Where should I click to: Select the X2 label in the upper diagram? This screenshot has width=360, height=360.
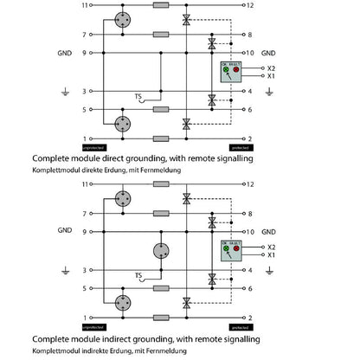[x=272, y=67]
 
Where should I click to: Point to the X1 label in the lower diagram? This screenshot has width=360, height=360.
[x=272, y=254]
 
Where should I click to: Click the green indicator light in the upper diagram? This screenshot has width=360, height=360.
[x=225, y=69]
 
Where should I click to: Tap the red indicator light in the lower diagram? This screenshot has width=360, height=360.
[x=236, y=248]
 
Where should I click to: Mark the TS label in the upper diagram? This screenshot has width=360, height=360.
[x=138, y=95]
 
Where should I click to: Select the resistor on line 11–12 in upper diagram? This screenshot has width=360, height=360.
[x=160, y=5]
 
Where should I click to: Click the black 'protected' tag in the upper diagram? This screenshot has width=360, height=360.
[x=242, y=147]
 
